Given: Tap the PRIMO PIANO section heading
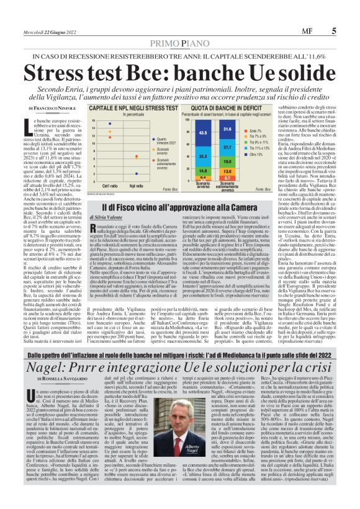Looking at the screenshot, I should (179, 43).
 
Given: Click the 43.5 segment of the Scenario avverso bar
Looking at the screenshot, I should (203, 132).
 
